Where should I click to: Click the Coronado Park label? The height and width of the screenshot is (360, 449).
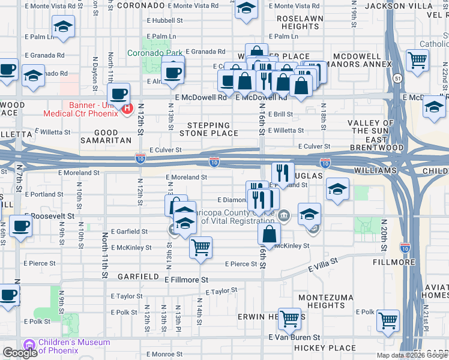154,53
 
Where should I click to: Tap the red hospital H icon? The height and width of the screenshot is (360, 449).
127,109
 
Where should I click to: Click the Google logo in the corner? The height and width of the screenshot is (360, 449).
20,353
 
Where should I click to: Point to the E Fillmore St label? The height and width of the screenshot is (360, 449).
185,280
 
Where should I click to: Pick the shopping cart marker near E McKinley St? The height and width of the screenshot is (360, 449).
200,247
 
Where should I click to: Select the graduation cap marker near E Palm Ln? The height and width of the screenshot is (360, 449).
62,26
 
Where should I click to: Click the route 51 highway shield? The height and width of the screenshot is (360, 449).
398,78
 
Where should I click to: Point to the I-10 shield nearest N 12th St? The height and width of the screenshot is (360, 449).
139,158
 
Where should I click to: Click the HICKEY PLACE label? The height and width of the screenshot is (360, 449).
325,348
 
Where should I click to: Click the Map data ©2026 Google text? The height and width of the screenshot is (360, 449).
411,355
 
